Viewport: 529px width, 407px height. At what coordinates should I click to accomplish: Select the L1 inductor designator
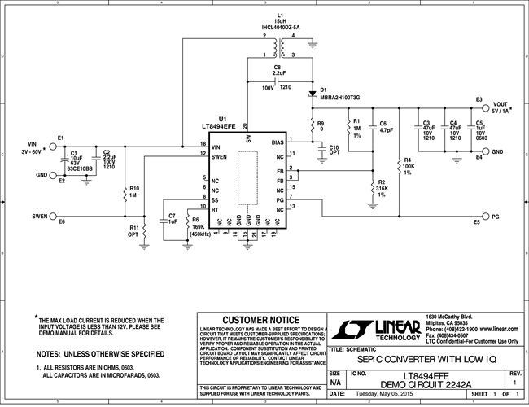click(x=281, y=15)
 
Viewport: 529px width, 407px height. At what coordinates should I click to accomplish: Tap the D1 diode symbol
click(x=312, y=93)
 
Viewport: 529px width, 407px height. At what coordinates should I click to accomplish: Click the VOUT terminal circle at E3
click(x=486, y=107)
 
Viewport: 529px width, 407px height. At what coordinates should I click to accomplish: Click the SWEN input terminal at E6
click(x=54, y=217)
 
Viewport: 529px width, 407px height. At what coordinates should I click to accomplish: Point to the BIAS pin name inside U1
click(x=278, y=142)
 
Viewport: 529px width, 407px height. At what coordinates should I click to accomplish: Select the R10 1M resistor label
click(x=134, y=191)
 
